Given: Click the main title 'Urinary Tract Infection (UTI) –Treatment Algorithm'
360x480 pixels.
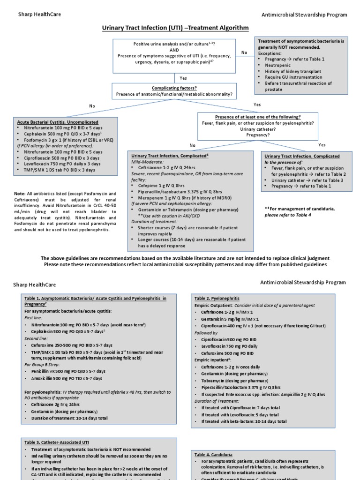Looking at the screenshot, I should [176, 28].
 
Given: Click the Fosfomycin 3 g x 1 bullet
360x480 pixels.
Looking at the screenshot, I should [68, 140].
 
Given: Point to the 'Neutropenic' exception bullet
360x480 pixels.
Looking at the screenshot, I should [277, 66].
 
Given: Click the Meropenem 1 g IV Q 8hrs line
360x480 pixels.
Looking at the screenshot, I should [178, 198].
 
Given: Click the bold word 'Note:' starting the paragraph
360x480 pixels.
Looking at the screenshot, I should [20, 194].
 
